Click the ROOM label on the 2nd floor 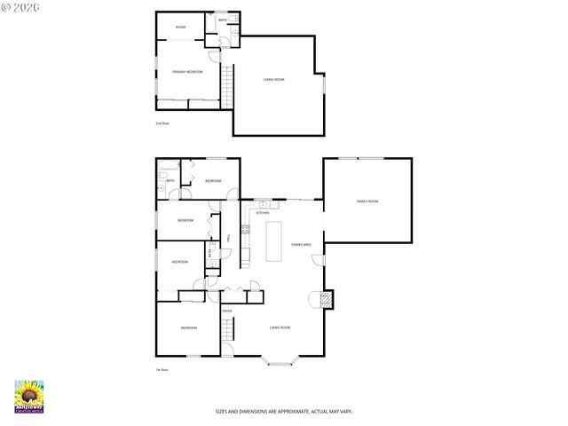point(180,28)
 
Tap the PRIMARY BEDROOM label point(187,71)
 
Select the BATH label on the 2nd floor point(222,19)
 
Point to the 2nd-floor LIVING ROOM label point(273,80)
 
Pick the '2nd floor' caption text point(162,123)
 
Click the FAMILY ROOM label point(367,201)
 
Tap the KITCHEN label point(263,213)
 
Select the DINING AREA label point(300,244)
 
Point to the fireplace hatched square point(327,300)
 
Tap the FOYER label point(227,311)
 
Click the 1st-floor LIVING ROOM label point(280,327)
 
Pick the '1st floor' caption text point(162,369)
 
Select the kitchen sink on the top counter point(264,205)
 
